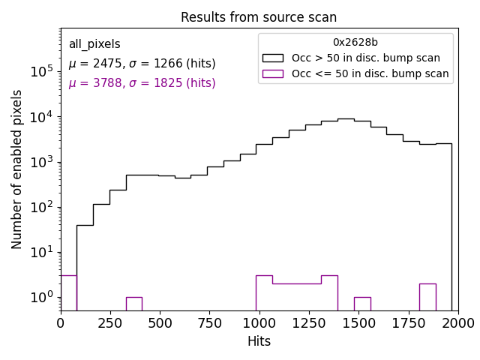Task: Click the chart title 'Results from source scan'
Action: point(259,17)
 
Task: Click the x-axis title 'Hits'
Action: point(259,341)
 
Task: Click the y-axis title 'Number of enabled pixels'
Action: point(17,169)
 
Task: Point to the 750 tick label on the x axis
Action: point(209,322)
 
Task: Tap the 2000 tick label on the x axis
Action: point(457,322)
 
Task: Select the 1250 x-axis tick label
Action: point(308,322)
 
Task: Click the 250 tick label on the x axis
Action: point(110,322)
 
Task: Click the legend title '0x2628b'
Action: point(355,43)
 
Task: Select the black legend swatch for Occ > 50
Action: point(273,58)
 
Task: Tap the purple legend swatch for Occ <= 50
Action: point(273,73)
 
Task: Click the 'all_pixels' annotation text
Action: point(94,44)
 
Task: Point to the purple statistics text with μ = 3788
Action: point(142,83)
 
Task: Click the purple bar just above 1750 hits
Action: point(427,297)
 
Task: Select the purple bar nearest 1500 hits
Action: point(362,304)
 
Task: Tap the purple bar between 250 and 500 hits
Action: point(133,304)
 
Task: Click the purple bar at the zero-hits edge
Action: point(68,292)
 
